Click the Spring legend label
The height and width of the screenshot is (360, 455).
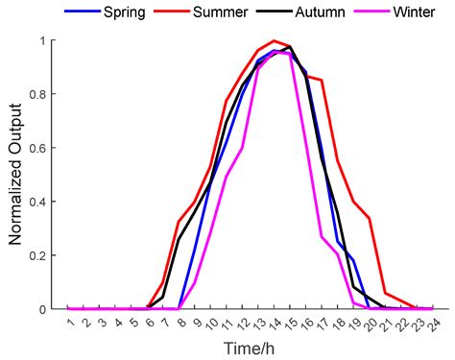point(127,13)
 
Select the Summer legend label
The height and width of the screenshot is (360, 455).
point(221,13)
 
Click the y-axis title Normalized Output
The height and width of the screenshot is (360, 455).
point(16,175)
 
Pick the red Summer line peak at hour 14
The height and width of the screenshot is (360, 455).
point(275,41)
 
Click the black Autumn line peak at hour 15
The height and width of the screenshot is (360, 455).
point(290,46)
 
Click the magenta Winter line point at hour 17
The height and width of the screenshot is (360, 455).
point(322,236)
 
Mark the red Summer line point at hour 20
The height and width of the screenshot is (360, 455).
point(369,218)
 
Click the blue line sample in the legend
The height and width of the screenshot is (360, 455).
point(83,13)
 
